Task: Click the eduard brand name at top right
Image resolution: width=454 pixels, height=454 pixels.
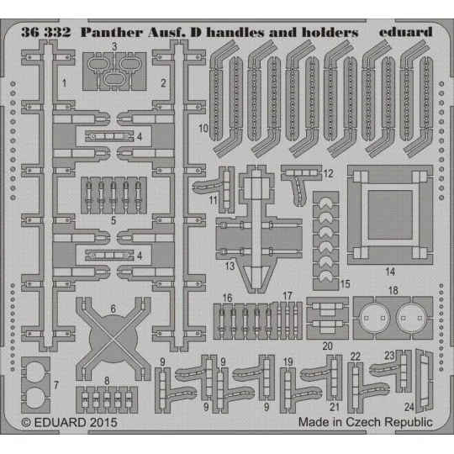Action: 405,32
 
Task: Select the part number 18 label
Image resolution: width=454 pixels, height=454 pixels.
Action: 393,290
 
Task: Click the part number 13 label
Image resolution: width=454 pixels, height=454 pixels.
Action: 229,266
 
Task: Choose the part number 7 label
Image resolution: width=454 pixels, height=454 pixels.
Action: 56,385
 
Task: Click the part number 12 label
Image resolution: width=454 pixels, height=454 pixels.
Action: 329,173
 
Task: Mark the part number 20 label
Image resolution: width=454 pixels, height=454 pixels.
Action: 327,346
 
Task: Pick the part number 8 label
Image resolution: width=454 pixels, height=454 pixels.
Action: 107,381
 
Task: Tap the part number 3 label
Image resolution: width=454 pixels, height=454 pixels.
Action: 114,46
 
